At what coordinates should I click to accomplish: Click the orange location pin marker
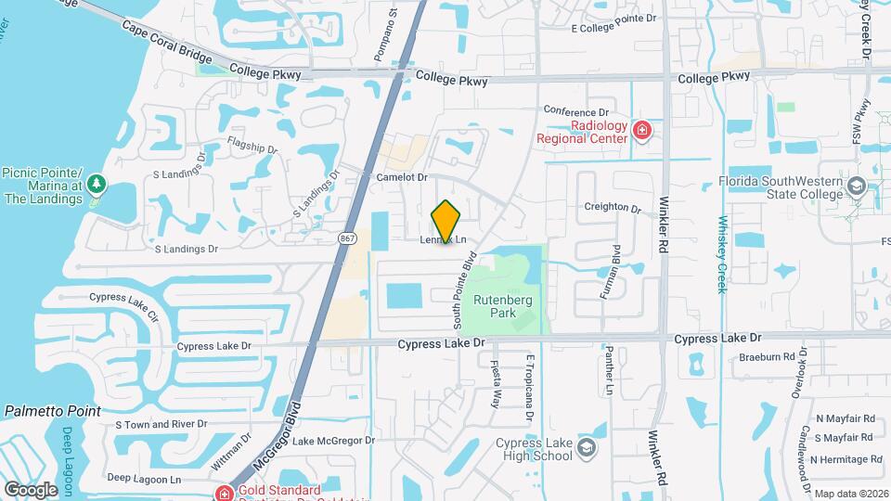[446, 222]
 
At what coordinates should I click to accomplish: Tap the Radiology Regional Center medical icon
[640, 131]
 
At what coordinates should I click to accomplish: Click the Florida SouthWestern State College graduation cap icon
[856, 189]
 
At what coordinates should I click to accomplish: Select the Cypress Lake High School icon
[586, 449]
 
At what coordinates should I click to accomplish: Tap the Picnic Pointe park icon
[97, 186]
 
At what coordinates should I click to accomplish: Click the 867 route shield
[347, 238]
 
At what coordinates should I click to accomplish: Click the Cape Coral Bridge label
[167, 41]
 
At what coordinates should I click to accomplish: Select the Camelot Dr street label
[402, 176]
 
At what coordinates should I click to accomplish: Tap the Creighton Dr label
[613, 209]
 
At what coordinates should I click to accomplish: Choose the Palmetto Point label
[53, 410]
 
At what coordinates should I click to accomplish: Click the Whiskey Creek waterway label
[722, 254]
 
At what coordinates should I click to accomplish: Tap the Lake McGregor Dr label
[333, 441]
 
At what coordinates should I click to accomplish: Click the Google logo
[31, 490]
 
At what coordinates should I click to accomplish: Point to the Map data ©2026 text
[850, 494]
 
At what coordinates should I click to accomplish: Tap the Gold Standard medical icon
[223, 493]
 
